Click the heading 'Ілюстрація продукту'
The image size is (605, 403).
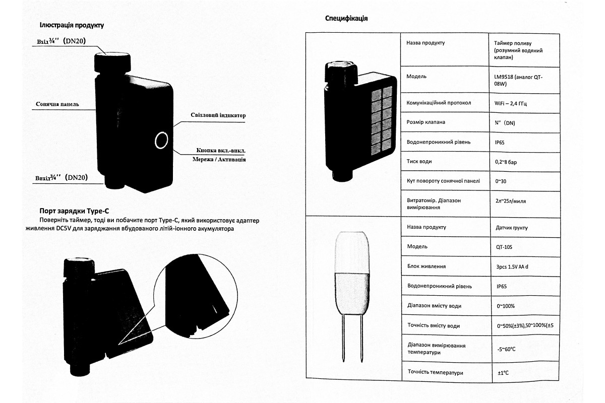pos(72,25)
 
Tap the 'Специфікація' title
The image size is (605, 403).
pos(346,19)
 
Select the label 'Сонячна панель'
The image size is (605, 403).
pos(57,105)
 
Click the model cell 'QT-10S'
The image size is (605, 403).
pos(506,246)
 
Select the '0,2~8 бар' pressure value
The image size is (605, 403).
pos(509,162)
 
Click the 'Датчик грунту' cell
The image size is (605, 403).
pos(512,227)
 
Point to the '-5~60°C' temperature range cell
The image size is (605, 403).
pos(507,349)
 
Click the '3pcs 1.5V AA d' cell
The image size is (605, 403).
pos(512,266)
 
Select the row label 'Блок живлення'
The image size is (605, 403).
pos(426,266)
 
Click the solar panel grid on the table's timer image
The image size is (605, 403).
pos(381,121)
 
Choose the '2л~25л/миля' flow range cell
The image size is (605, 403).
pos(511,200)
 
